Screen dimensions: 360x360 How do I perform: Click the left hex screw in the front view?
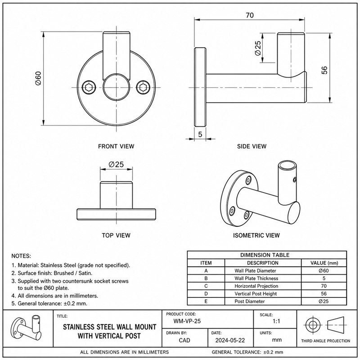coord(89,87)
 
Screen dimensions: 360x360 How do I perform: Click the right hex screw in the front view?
coord(143,87)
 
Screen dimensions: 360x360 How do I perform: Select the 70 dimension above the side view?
coord(250,15)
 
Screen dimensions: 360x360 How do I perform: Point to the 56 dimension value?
coord(324,70)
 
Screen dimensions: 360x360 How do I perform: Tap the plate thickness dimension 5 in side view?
coord(200,134)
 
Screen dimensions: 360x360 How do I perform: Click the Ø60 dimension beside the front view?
coord(38,78)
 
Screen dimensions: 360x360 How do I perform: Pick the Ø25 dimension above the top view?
coord(116,164)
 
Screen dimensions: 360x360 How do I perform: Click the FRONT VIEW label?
coord(116,146)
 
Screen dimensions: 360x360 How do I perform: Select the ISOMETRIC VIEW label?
coord(256,235)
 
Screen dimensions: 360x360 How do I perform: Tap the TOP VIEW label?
coord(116,235)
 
